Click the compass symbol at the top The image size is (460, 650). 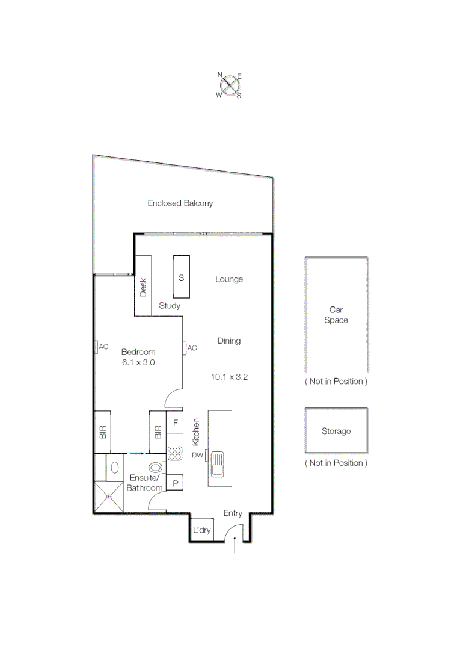pyautogui.click(x=229, y=85)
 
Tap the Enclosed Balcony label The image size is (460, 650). pyautogui.click(x=180, y=203)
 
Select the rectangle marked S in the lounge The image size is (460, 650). pyautogui.click(x=181, y=277)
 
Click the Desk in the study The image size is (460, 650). pyautogui.click(x=143, y=286)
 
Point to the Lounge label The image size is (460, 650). pyautogui.click(x=228, y=279)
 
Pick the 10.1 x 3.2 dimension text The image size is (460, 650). pyautogui.click(x=229, y=377)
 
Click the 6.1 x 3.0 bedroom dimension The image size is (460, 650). pyautogui.click(x=138, y=362)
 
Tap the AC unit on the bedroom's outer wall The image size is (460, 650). pyautogui.click(x=96, y=347)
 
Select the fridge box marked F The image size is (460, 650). pyautogui.click(x=175, y=423)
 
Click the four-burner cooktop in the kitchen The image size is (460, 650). pyautogui.click(x=175, y=453)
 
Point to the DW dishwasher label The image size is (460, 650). pyautogui.click(x=197, y=455)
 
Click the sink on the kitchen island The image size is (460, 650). pyautogui.click(x=216, y=465)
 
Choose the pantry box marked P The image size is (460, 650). pyautogui.click(x=175, y=483)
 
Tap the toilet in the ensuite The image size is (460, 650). pyautogui.click(x=155, y=467)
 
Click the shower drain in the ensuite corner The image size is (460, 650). pyautogui.click(x=108, y=497)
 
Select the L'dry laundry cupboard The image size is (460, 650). pyautogui.click(x=201, y=530)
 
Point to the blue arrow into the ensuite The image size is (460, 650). pyautogui.click(x=136, y=453)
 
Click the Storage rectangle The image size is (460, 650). pyautogui.click(x=336, y=431)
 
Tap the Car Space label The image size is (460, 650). pyautogui.click(x=336, y=315)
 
